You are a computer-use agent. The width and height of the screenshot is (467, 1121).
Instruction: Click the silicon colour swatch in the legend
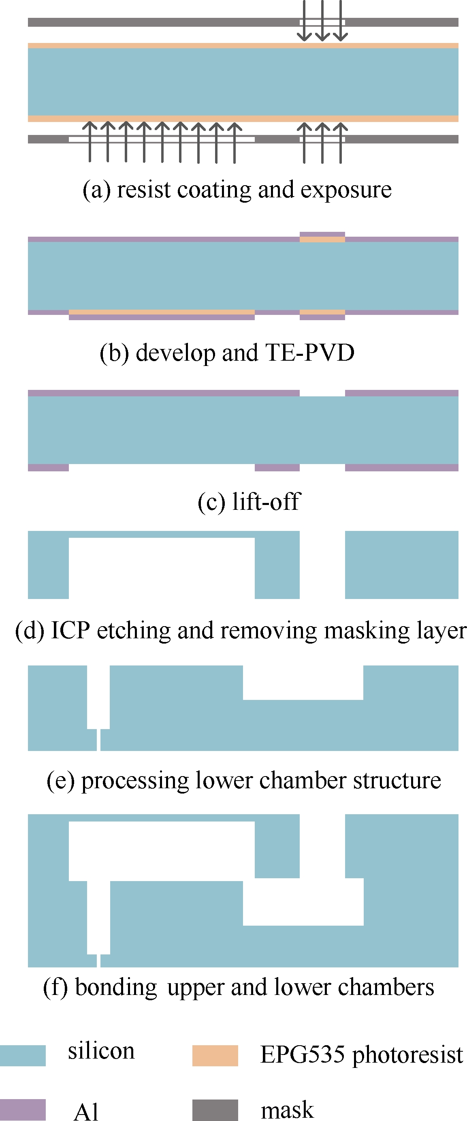(23, 1055)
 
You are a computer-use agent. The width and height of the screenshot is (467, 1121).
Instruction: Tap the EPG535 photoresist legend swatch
(215, 1055)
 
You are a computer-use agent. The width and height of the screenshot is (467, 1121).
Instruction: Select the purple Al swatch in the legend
(23, 1109)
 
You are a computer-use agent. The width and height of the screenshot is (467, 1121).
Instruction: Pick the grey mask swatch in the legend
(215, 1109)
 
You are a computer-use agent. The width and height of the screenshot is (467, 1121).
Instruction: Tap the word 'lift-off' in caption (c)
(266, 501)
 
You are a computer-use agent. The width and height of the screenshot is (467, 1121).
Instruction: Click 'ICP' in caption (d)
(70, 630)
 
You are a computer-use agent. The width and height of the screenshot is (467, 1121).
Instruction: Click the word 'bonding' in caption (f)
(116, 987)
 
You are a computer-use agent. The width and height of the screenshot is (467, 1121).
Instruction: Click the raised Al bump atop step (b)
(322, 234)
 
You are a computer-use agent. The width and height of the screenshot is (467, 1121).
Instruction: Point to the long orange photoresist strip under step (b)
(161, 312)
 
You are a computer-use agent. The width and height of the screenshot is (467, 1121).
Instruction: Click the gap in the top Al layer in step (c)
(322, 393)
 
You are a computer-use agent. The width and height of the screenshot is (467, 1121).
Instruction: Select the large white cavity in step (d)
(161, 568)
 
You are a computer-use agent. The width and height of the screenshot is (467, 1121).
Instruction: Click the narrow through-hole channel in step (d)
(322, 565)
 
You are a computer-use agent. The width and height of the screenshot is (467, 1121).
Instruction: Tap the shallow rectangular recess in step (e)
(303, 682)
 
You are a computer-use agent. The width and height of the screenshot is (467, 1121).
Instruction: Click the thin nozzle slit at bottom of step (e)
(99, 740)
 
